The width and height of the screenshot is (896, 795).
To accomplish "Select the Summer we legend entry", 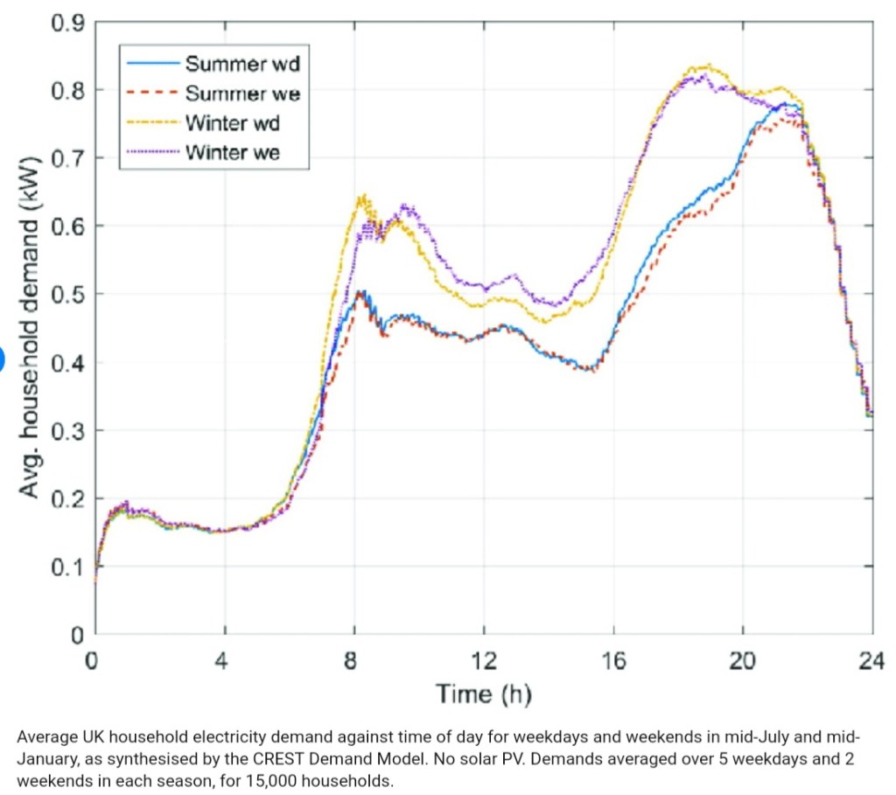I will coord(242,93).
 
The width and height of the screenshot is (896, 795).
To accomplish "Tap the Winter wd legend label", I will coord(232,122).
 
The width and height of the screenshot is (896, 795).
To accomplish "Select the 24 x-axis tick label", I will coord(871,661).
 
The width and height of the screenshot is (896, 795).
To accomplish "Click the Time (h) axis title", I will coord(483,695).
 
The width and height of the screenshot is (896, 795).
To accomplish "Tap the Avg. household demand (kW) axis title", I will coord(30,328).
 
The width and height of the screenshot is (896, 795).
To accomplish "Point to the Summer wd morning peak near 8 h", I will coord(359,292).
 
